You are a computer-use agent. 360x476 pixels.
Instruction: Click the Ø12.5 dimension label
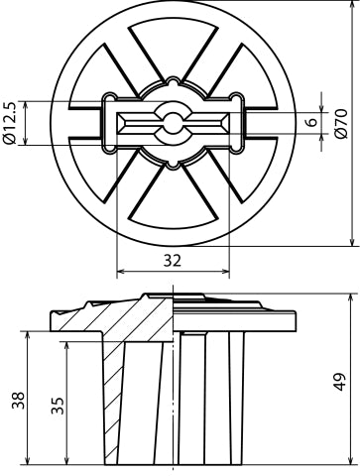[10, 123]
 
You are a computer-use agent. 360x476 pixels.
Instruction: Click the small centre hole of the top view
[174, 123]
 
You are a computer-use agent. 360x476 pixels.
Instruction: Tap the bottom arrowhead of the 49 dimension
[353, 459]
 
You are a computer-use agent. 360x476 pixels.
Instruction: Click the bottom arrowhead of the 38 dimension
[28, 459]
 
